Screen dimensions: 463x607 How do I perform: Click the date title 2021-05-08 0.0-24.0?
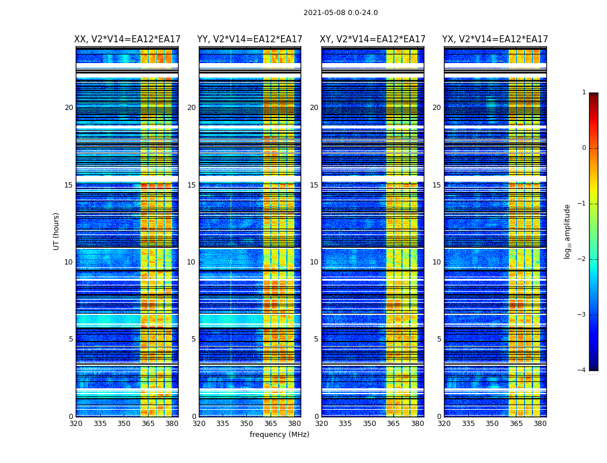pyautogui.click(x=340, y=13)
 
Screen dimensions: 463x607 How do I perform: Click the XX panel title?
pyautogui.click(x=127, y=39)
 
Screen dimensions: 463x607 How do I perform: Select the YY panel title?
pyautogui.click(x=250, y=39)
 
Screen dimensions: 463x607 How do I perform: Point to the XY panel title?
pyautogui.click(x=373, y=39)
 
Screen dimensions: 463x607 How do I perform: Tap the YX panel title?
pyautogui.click(x=495, y=39)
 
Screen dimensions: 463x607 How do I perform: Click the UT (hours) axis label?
pyautogui.click(x=57, y=231)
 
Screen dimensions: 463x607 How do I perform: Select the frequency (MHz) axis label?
pyautogui.click(x=279, y=435)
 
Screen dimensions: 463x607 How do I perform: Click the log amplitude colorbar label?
pyautogui.click(x=568, y=231)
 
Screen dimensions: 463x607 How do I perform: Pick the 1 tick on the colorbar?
pyautogui.click(x=584, y=93)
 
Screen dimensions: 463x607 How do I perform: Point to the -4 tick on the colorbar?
pyautogui.click(x=582, y=370)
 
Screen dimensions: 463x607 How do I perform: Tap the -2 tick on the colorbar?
pyautogui.click(x=582, y=259)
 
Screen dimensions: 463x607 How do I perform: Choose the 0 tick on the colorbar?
pyautogui.click(x=584, y=148)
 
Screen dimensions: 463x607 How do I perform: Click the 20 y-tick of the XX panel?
pyautogui.click(x=69, y=108)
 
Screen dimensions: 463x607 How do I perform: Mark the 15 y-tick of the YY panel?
pyautogui.click(x=191, y=185)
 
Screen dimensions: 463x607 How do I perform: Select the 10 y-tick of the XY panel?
pyautogui.click(x=314, y=262)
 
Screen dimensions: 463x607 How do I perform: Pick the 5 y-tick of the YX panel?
pyautogui.click(x=439, y=339)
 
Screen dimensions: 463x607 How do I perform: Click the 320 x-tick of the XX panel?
pyautogui.click(x=76, y=424)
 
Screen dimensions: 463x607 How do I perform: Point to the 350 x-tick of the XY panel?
pyautogui.click(x=369, y=424)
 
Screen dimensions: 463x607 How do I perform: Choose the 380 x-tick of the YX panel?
pyautogui.click(x=540, y=424)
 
